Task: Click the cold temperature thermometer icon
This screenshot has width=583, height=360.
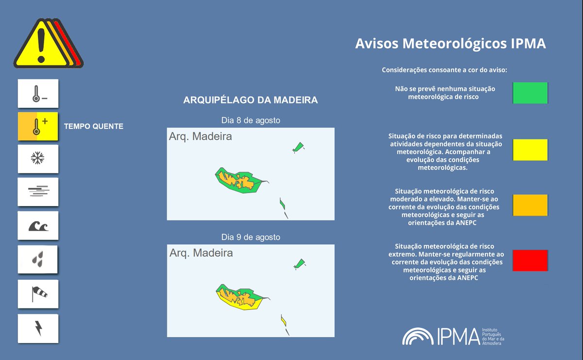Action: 38,94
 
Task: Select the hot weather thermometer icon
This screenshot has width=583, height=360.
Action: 38,126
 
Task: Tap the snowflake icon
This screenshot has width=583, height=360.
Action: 38,158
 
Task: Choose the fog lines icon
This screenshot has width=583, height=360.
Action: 38,191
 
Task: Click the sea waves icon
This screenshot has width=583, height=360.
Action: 38,225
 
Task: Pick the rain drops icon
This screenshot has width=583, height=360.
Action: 38,259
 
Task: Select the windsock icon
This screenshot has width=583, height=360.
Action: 38,293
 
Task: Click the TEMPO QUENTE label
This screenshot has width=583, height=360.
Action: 94,126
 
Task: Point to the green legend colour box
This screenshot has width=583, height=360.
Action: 530,93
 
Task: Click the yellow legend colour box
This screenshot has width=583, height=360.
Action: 530,150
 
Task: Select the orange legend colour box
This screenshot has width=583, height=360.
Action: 530,205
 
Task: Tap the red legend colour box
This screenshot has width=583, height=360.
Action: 530,260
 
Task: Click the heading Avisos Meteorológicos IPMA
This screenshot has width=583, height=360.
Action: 450,44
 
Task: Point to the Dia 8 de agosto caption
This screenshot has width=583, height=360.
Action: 251,120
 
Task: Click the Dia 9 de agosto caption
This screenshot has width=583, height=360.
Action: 251,237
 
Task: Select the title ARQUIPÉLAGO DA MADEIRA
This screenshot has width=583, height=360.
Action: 250,100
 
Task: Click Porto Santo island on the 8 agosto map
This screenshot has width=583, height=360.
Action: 298,146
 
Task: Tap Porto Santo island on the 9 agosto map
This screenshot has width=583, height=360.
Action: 299,263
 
